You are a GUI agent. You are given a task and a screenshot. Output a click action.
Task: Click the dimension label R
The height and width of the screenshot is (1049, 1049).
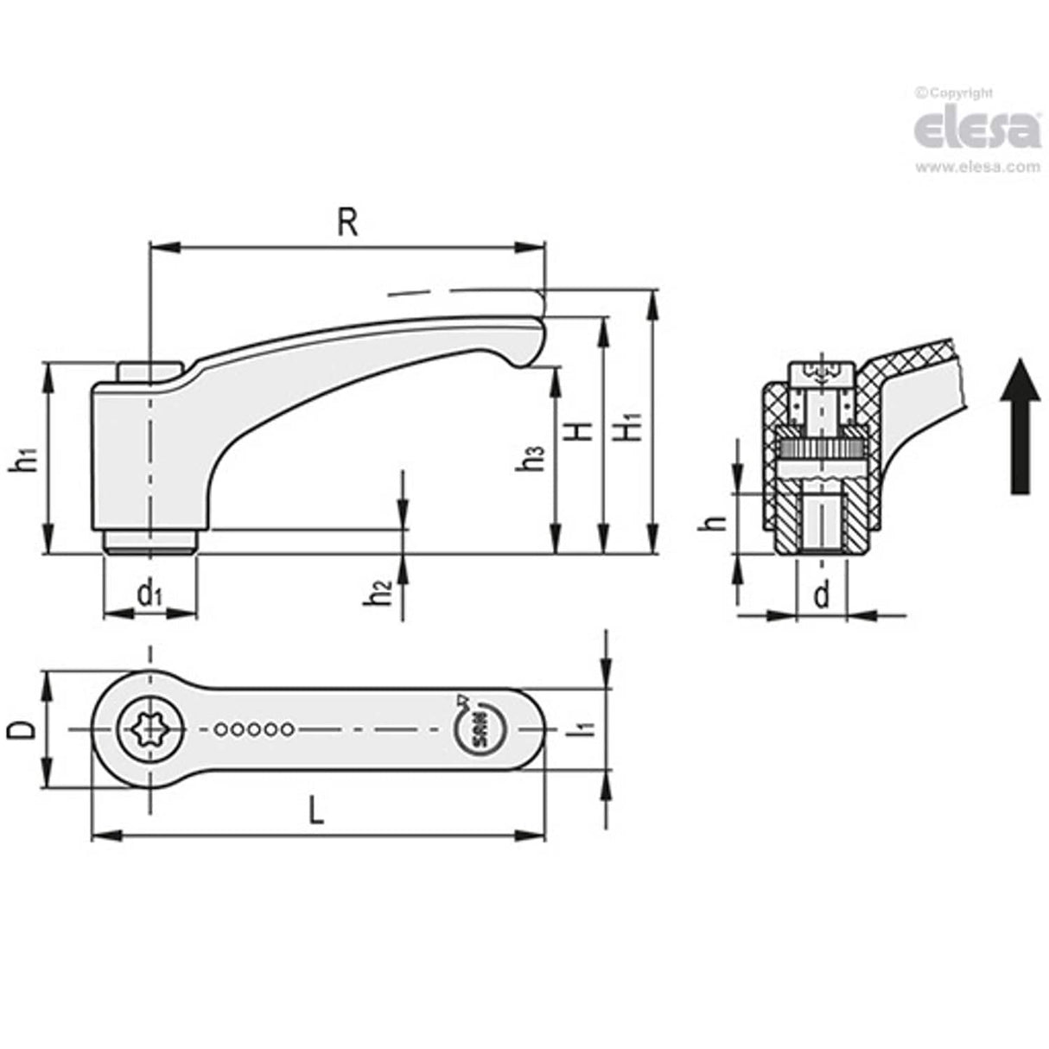[346, 222]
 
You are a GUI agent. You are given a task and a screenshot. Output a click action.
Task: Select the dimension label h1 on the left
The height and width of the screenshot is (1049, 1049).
[25, 460]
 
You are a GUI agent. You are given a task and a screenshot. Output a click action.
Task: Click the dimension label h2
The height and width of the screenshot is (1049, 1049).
[380, 594]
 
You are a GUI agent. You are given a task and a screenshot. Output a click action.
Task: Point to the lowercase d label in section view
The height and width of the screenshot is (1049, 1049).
[821, 594]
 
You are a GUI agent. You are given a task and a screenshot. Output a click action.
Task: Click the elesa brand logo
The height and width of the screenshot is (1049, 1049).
[976, 130]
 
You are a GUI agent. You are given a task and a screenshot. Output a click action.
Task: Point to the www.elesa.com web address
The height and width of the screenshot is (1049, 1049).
[977, 167]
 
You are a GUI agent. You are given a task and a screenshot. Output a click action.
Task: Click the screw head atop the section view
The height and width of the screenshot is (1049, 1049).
[822, 374]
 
